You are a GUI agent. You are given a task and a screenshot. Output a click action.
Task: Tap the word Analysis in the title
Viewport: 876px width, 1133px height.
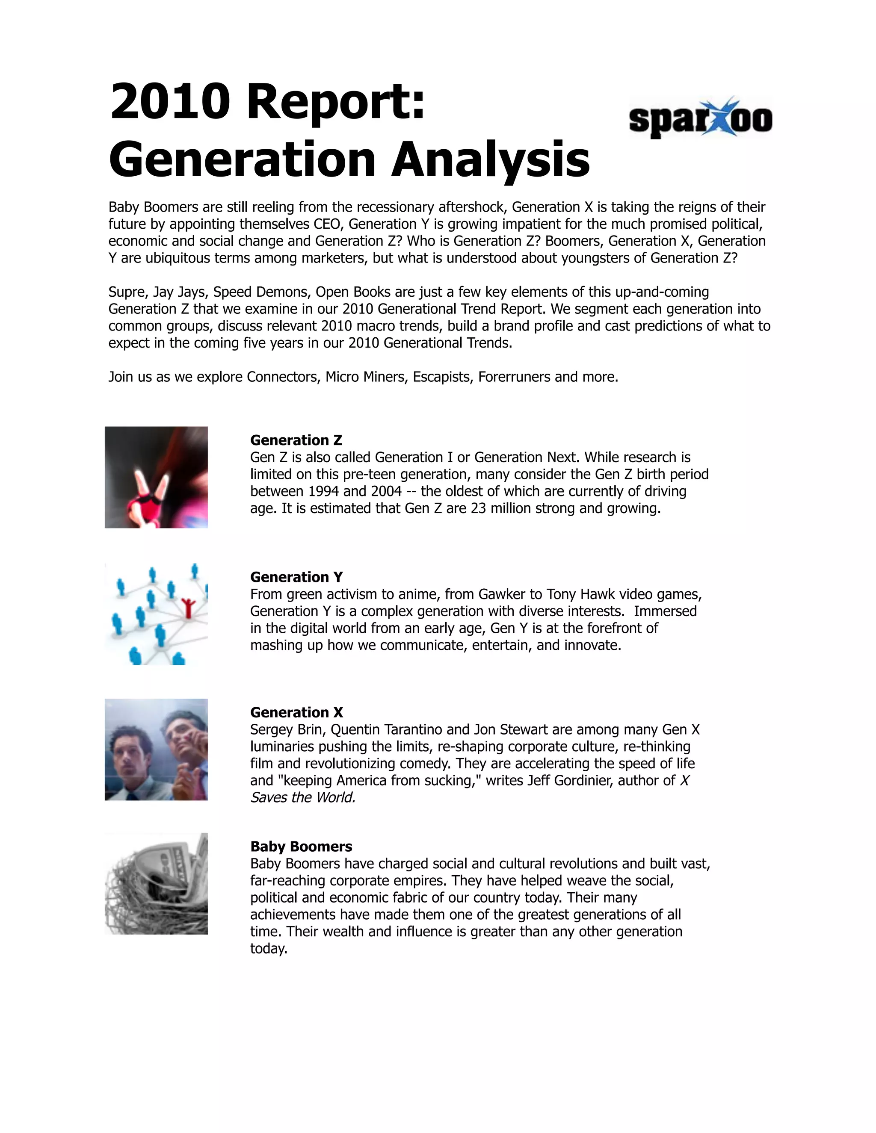(491, 159)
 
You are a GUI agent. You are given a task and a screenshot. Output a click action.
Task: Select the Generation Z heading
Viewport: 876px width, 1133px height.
(296, 440)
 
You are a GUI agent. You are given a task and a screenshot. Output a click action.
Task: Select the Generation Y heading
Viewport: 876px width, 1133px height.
(296, 577)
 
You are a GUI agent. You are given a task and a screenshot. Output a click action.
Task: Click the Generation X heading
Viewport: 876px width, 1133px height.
(296, 712)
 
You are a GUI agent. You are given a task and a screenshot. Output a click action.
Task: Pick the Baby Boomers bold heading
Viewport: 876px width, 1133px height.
(301, 847)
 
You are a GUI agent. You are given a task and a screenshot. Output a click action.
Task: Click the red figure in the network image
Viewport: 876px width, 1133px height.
(187, 608)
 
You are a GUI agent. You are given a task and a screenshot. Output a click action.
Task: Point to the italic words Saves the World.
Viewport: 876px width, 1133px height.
(302, 797)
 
